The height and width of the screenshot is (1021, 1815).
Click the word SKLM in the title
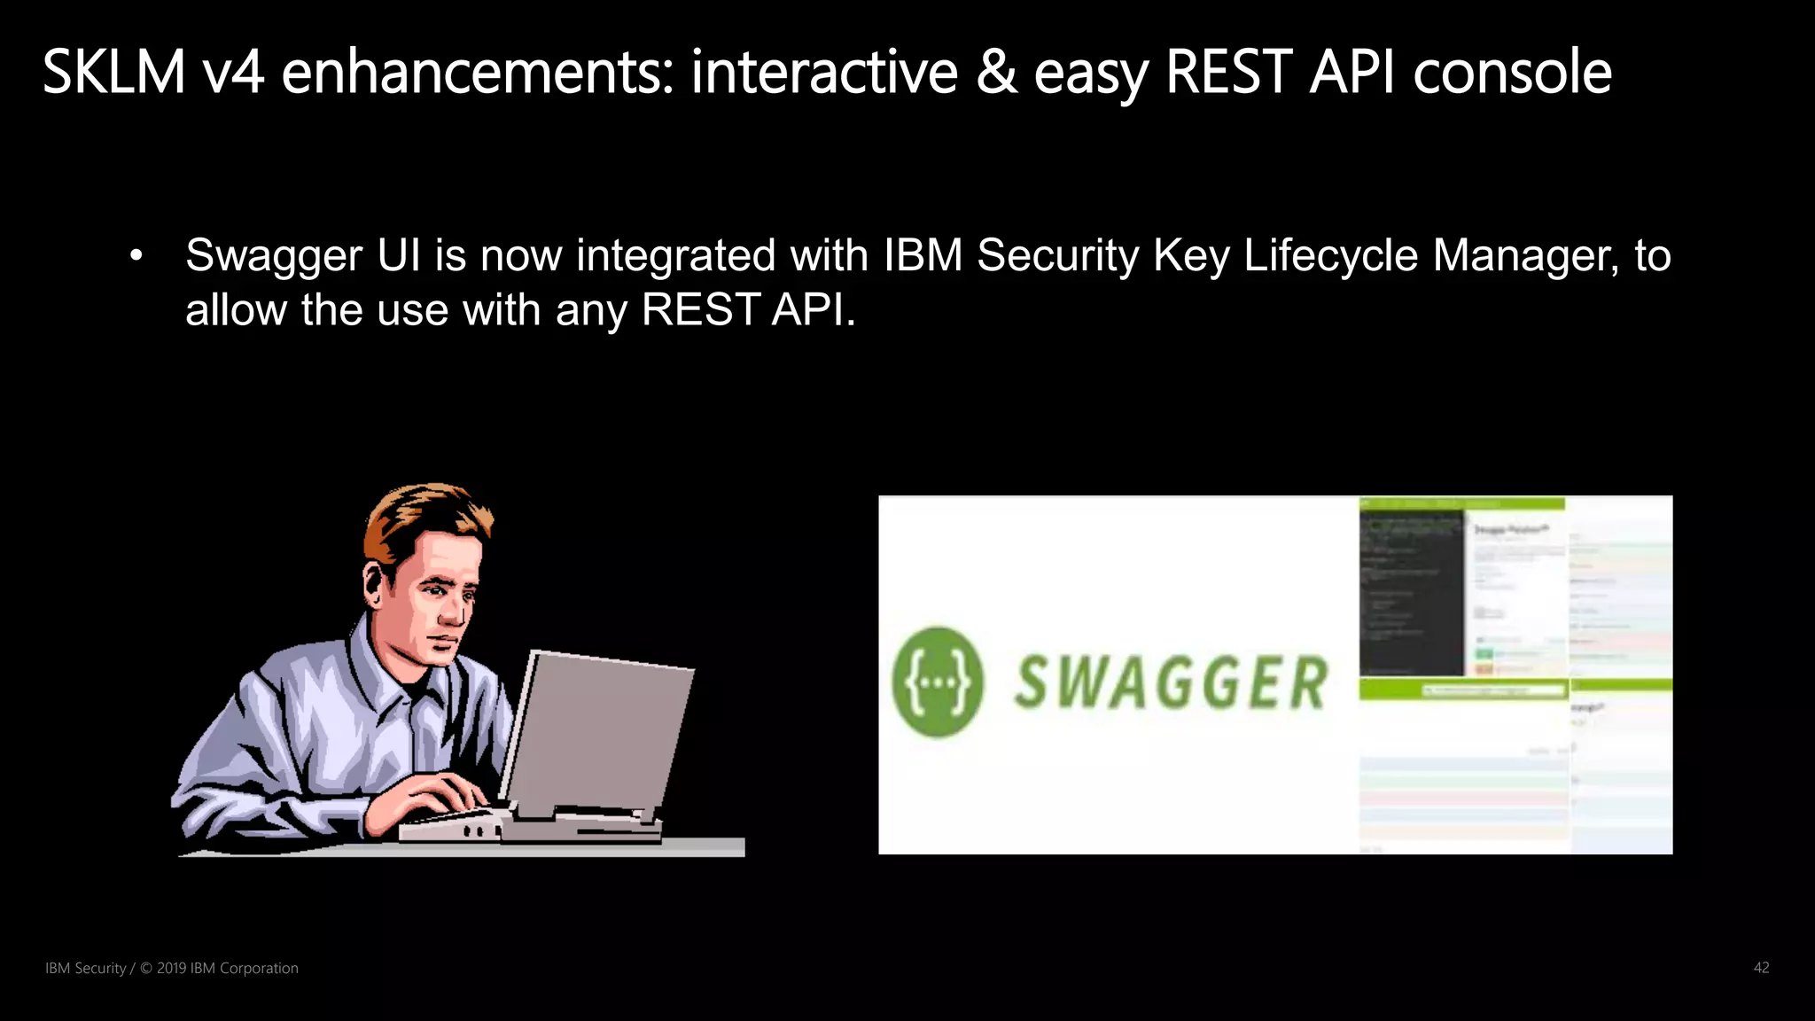pos(113,72)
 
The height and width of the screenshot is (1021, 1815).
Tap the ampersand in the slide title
pos(996,72)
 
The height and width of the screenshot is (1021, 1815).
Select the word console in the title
pos(1512,72)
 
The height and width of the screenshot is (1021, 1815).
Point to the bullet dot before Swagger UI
pos(136,257)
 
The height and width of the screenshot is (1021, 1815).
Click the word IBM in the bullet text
pos(923,255)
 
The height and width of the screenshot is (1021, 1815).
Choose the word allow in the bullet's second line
pos(236,310)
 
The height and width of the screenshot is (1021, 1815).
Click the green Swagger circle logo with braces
pos(938,682)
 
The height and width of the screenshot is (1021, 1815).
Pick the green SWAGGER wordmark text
pos(1170,682)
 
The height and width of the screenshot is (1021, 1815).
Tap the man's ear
pos(375,584)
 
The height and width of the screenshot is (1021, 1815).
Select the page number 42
pos(1761,968)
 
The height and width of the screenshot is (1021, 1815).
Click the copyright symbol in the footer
pos(146,968)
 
